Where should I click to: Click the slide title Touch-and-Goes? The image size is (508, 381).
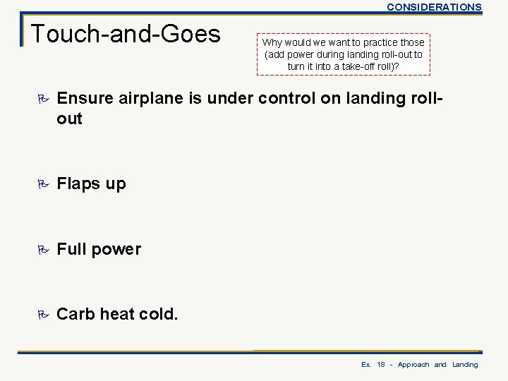click(126, 33)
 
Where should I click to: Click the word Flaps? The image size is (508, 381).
click(75, 183)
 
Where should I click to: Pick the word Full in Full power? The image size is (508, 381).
click(70, 248)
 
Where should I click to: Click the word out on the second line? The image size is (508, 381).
click(69, 119)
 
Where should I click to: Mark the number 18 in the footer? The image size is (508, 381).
click(381, 365)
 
